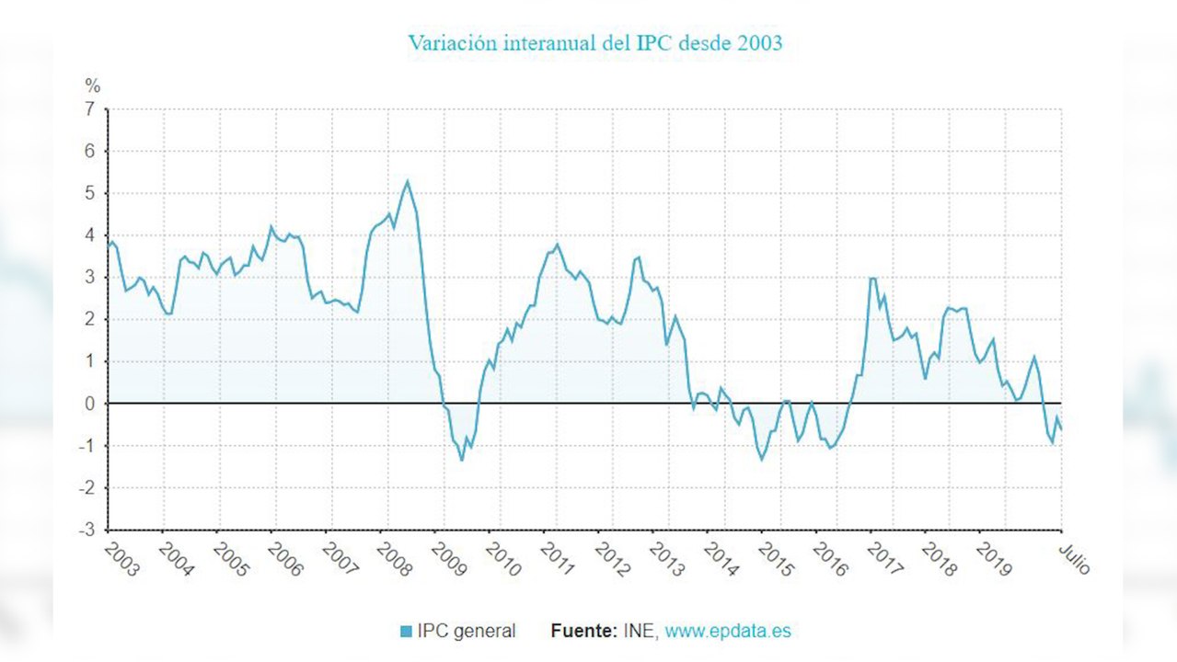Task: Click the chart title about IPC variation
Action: [594, 43]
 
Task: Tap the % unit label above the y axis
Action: [93, 86]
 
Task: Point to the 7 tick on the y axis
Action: [90, 108]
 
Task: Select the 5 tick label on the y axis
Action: [90, 193]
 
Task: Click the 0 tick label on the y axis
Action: [90, 404]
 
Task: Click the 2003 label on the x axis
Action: [121, 558]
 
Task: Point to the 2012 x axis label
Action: [612, 558]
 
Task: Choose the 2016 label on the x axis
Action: [830, 558]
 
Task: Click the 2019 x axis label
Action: [994, 558]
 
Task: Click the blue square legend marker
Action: [406, 632]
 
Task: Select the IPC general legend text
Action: [466, 632]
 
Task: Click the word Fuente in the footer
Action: [583, 632]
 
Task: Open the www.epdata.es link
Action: [728, 632]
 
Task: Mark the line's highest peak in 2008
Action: [407, 180]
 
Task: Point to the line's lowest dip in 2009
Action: [461, 460]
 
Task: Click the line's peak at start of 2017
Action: [871, 278]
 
